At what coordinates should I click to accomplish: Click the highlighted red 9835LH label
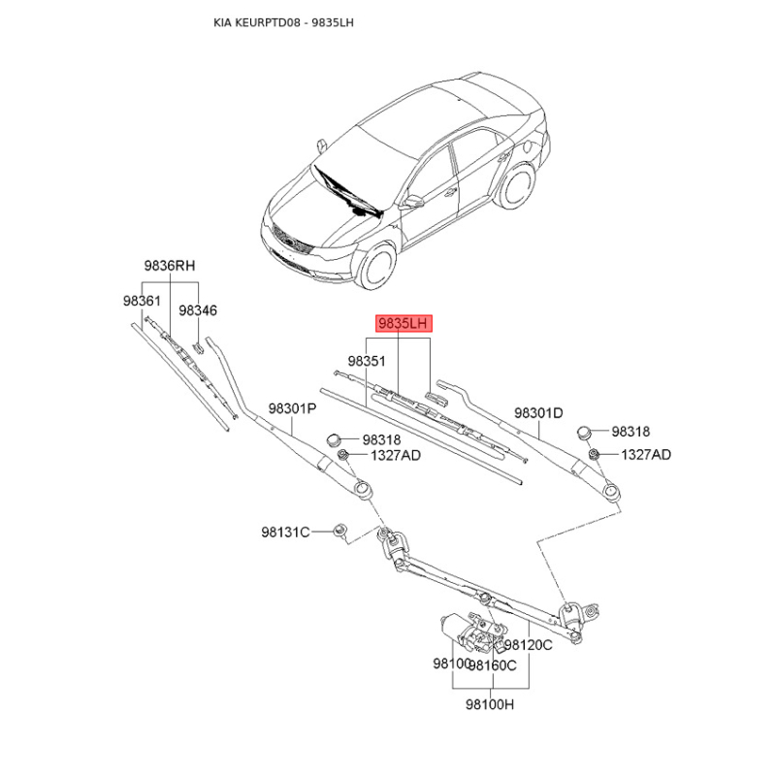[x=403, y=323]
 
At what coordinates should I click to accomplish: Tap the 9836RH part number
[x=170, y=266]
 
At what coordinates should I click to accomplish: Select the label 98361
[x=142, y=301]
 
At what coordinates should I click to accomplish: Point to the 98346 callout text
[x=198, y=310]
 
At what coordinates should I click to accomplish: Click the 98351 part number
[x=367, y=361]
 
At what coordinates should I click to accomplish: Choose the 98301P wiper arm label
[x=293, y=408]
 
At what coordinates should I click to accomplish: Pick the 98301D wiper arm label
[x=538, y=413]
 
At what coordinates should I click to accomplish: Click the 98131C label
[x=285, y=532]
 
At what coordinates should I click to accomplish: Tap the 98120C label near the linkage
[x=528, y=645]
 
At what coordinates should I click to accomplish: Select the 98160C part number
[x=493, y=665]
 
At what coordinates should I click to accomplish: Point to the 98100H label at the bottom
[x=490, y=704]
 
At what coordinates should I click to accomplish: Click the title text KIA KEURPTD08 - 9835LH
[x=283, y=22]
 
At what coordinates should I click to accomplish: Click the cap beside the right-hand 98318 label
[x=586, y=432]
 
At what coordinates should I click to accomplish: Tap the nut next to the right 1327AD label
[x=594, y=453]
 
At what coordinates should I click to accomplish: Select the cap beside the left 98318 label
[x=335, y=439]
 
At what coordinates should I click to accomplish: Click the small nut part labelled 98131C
[x=340, y=529]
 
